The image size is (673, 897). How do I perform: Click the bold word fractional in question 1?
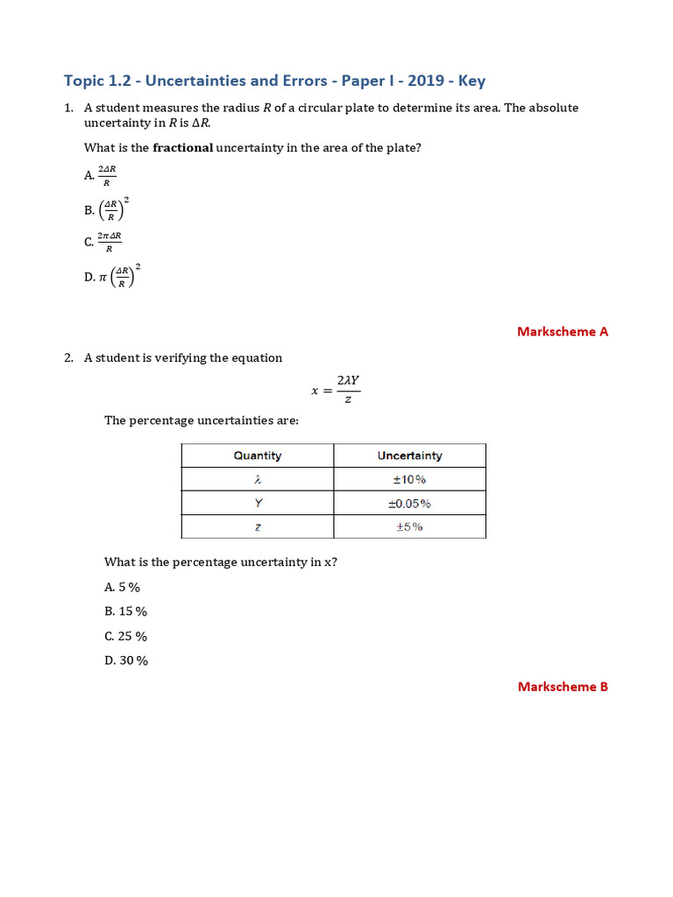tap(182, 148)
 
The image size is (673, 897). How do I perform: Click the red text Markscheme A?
tap(562, 331)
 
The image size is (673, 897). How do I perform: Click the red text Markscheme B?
tap(562, 687)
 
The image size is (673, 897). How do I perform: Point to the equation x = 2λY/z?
tap(336, 390)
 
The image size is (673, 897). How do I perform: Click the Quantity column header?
tap(257, 456)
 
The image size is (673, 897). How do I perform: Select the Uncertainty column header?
tap(409, 456)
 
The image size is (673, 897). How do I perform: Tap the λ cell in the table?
tap(257, 480)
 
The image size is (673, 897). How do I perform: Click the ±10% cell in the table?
tap(409, 480)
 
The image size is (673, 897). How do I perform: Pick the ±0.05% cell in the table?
tap(409, 504)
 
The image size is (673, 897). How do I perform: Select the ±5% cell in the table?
tap(409, 527)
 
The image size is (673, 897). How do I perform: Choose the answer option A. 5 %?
tap(122, 587)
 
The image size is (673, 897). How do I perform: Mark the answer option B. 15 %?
tap(125, 611)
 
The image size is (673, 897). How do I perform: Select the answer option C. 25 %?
tap(125, 636)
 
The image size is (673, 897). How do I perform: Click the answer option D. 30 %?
tap(126, 660)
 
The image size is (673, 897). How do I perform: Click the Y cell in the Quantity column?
tap(257, 504)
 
